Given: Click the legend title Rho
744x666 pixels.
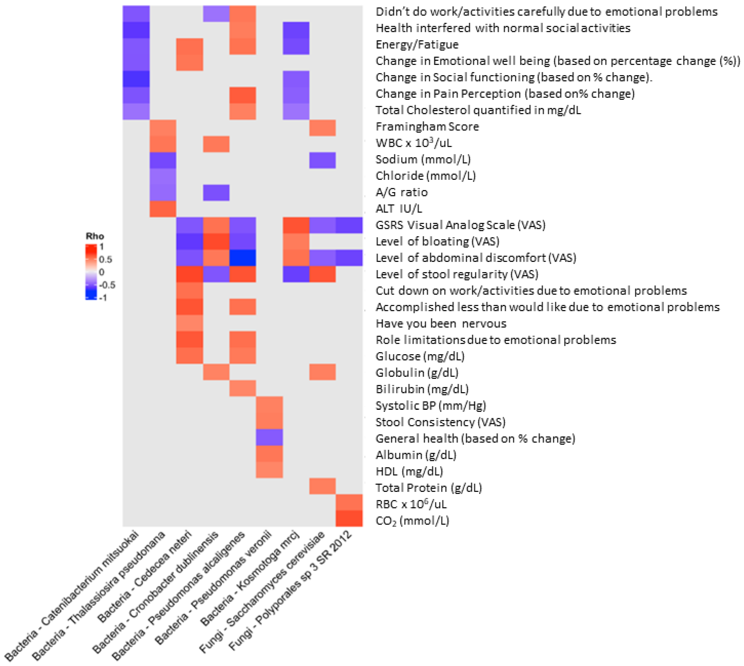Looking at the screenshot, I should [x=95, y=236].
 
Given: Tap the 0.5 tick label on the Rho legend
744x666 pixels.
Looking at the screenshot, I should [x=105, y=259].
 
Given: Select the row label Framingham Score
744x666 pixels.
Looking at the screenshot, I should [x=427, y=127].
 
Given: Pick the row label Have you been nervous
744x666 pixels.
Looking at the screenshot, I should [x=441, y=323].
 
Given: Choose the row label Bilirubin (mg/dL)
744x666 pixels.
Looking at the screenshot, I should [x=422, y=389].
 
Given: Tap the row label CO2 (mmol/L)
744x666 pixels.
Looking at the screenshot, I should [x=412, y=521].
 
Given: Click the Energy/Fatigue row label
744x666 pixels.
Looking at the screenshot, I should [x=417, y=45].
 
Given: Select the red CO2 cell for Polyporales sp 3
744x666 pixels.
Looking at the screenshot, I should [x=349, y=519].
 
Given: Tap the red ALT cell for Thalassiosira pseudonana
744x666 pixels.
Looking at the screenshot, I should [x=163, y=209].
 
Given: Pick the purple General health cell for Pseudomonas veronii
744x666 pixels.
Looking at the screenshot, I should [x=269, y=437].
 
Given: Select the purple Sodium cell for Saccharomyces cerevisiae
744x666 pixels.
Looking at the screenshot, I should [x=322, y=160].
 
